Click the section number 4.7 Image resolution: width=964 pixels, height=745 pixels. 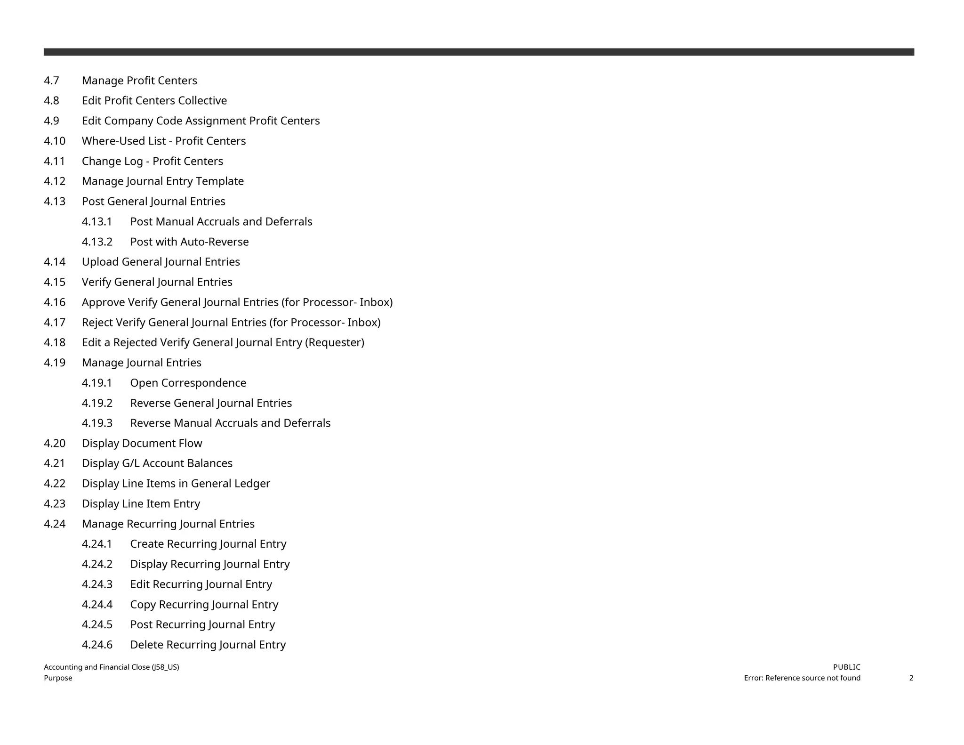tap(51, 81)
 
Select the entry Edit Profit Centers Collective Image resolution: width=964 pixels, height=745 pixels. tap(154, 101)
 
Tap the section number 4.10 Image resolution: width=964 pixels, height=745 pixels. tap(55, 141)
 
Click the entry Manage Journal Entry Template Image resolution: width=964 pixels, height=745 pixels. tap(162, 181)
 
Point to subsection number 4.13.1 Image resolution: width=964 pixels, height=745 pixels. tap(97, 222)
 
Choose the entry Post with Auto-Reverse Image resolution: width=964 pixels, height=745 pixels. tap(189, 242)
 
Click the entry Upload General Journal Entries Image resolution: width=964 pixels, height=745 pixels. tap(161, 262)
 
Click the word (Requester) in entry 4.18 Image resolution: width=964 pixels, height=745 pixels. tap(335, 343)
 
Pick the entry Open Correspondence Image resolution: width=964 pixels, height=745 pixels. tap(188, 383)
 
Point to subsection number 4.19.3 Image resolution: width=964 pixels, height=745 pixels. tap(97, 423)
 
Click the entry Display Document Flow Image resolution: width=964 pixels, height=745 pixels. tap(142, 444)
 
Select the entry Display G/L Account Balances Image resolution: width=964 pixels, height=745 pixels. tap(157, 463)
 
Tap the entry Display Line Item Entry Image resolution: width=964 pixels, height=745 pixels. tap(141, 504)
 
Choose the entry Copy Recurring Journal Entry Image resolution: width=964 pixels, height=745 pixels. tap(204, 605)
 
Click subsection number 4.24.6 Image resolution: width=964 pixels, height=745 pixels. tap(97, 645)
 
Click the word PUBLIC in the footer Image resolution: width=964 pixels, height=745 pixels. tap(846, 667)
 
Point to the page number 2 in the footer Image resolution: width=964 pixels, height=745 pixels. tap(911, 678)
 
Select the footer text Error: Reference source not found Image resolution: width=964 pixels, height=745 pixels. tap(802, 678)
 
